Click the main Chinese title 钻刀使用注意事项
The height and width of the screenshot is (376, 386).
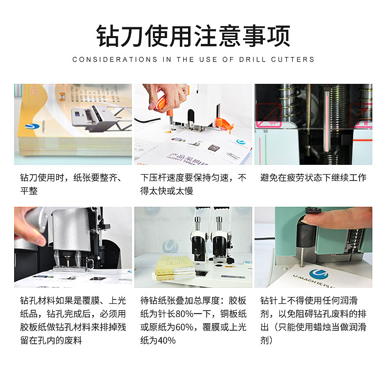click(193, 36)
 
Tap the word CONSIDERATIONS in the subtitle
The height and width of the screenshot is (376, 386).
click(115, 59)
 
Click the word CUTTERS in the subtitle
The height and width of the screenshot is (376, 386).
click(293, 59)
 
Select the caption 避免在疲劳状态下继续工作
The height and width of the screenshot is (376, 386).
click(313, 178)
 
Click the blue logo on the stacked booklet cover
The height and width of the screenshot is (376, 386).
click(32, 126)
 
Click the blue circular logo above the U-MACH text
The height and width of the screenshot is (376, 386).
click(319, 274)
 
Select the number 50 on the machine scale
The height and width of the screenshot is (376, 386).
click(265, 132)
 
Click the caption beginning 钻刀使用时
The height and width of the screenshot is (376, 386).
click(71, 184)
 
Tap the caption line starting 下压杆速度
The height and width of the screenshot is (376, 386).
click(193, 178)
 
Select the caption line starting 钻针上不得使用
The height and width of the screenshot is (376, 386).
click(309, 300)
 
